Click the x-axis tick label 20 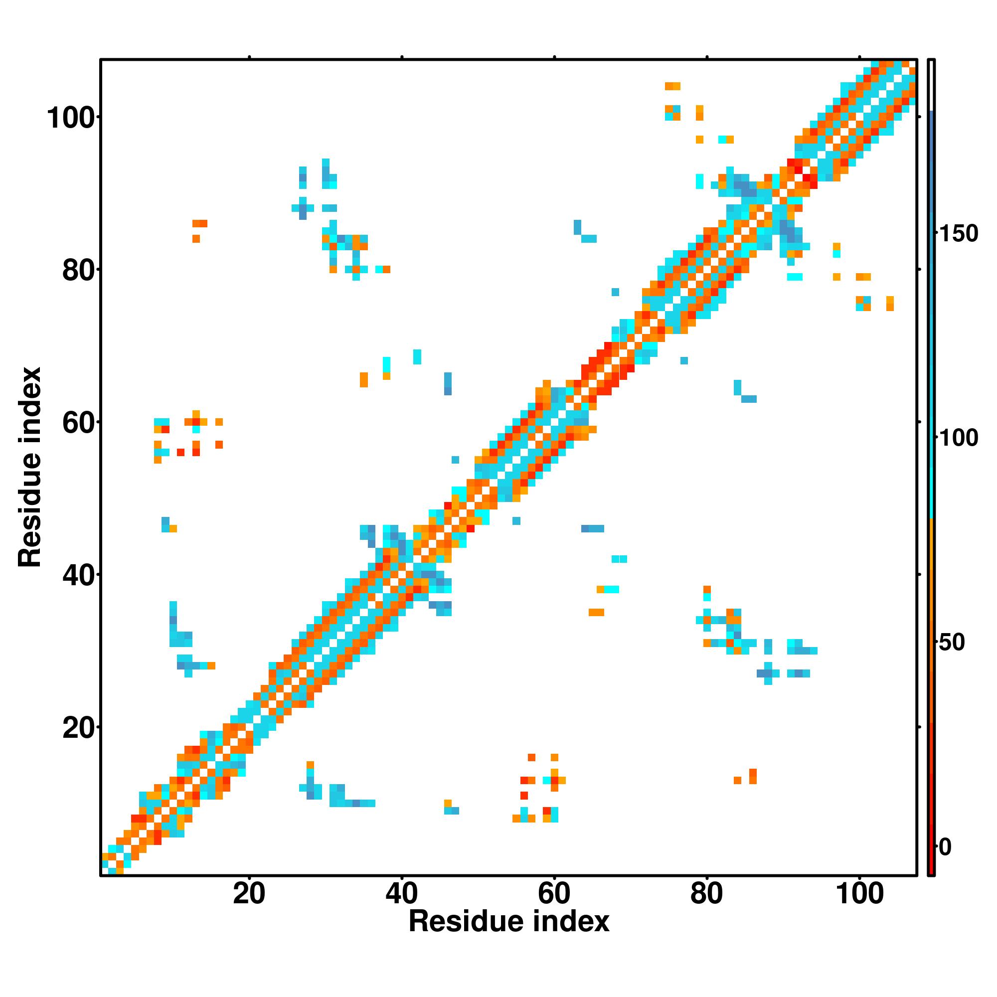(x=249, y=894)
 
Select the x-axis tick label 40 (x=401, y=894)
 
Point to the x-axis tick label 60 (x=554, y=894)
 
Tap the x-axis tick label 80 (x=706, y=894)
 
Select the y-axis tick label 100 (x=72, y=118)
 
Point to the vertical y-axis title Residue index (x=29, y=467)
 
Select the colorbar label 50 (x=952, y=643)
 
